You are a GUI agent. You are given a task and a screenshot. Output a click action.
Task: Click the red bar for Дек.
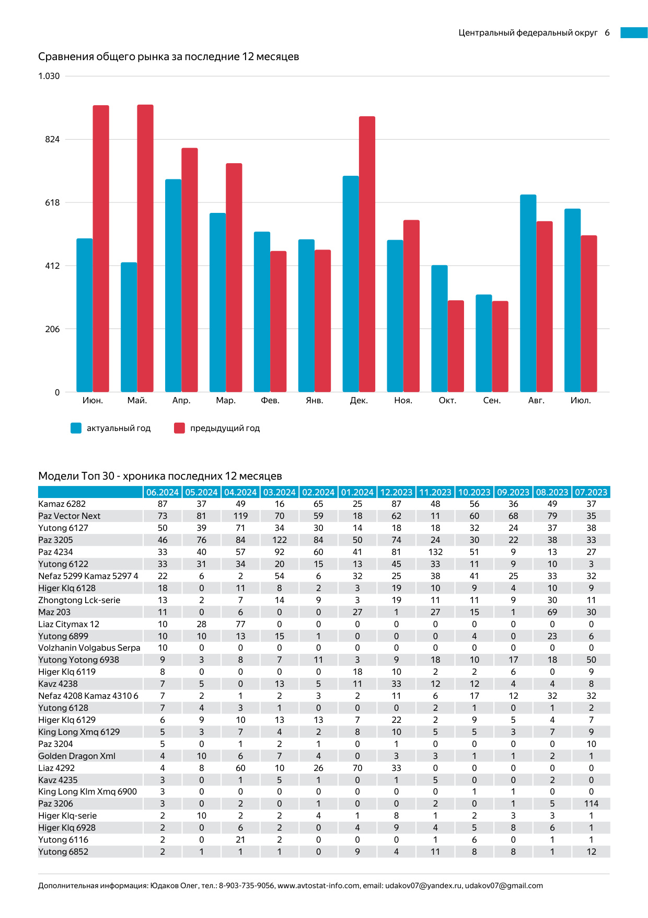coord(367,254)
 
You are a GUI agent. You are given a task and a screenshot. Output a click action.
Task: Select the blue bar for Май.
coord(129,327)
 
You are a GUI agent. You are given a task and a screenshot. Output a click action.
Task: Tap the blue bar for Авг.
coord(528,293)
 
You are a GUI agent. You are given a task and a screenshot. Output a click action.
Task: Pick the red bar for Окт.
coord(456,346)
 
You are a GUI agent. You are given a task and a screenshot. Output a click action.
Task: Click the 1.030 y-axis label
coord(49,76)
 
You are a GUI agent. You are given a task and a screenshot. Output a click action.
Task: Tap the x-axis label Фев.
coord(270,400)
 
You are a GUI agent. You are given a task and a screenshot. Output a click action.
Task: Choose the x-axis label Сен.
coord(492,400)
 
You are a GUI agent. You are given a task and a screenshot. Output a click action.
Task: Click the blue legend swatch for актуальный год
coord(76,428)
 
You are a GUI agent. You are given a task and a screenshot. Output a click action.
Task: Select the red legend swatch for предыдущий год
coord(179,428)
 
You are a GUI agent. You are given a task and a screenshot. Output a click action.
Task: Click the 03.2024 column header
coord(279,492)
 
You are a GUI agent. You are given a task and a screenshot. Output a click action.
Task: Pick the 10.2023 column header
coord(474,492)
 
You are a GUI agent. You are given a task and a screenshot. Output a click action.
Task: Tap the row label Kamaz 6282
coord(62,504)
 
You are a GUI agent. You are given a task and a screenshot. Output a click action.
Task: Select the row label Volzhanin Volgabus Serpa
coord(89,648)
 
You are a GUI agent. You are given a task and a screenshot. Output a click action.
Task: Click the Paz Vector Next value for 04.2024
coord(240,516)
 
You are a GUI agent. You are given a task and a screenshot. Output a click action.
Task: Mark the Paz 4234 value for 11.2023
coord(435,552)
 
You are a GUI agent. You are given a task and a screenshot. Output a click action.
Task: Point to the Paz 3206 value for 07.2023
coord(591,803)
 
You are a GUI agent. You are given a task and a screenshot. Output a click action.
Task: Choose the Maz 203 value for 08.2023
coord(552,612)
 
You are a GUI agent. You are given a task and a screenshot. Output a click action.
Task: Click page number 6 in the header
coord(607,32)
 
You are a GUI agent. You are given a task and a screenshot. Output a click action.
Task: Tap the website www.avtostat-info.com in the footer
coord(318,886)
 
